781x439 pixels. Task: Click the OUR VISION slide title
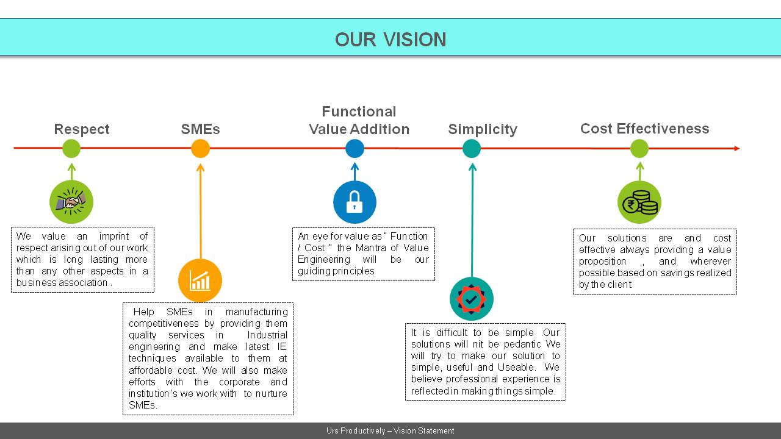pyautogui.click(x=390, y=40)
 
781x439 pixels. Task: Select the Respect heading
pyautogui.click(x=82, y=129)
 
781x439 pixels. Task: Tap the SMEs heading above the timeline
pyautogui.click(x=201, y=129)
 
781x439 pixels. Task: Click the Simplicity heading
pyautogui.click(x=483, y=129)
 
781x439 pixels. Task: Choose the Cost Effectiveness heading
pyautogui.click(x=645, y=129)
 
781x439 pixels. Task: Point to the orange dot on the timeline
pyautogui.click(x=201, y=148)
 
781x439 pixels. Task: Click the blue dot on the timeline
pyautogui.click(x=355, y=148)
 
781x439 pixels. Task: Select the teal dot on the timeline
pyautogui.click(x=472, y=148)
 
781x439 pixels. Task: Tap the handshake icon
pyautogui.click(x=71, y=202)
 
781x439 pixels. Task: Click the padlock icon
pyautogui.click(x=355, y=202)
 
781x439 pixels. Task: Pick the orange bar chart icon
pyautogui.click(x=200, y=280)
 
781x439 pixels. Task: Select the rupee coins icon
pyautogui.click(x=639, y=202)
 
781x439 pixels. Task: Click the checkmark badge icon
pyautogui.click(x=472, y=299)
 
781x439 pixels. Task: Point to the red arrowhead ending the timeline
pyautogui.click(x=736, y=148)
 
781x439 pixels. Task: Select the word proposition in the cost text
pyautogui.click(x=602, y=262)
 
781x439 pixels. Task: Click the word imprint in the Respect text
pyautogui.click(x=114, y=236)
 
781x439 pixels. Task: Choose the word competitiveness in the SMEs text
pyautogui.click(x=164, y=324)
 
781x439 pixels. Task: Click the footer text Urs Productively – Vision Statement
pyautogui.click(x=390, y=430)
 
